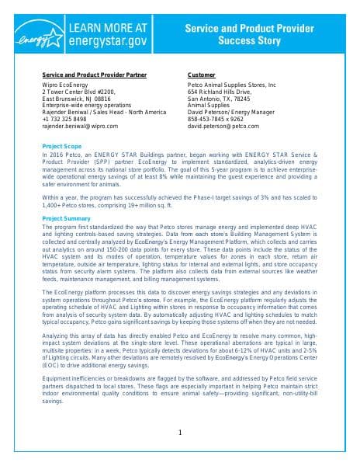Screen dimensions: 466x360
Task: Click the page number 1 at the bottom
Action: pos(180,433)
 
